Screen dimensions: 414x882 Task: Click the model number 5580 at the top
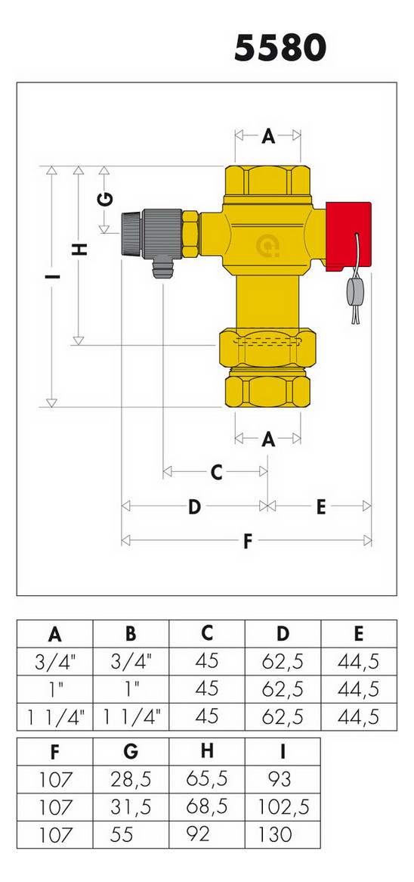pos(280,49)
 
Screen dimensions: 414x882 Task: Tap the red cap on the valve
pos(348,234)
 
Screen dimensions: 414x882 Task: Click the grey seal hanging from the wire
pos(354,293)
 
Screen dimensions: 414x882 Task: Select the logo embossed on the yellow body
pos(268,246)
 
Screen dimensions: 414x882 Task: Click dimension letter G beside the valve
pos(105,199)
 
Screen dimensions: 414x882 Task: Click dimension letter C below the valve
pos(217,473)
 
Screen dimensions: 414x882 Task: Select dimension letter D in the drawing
pos(194,507)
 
